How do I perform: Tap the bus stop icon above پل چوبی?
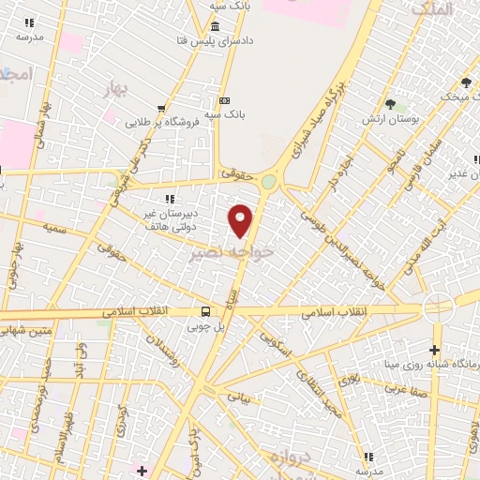tap(205, 311)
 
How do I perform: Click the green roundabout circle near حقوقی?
tap(270, 183)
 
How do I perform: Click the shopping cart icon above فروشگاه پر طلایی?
tap(163, 107)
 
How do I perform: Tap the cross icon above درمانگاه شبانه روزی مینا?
tap(434, 349)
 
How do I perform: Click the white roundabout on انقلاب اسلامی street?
tap(437, 307)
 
